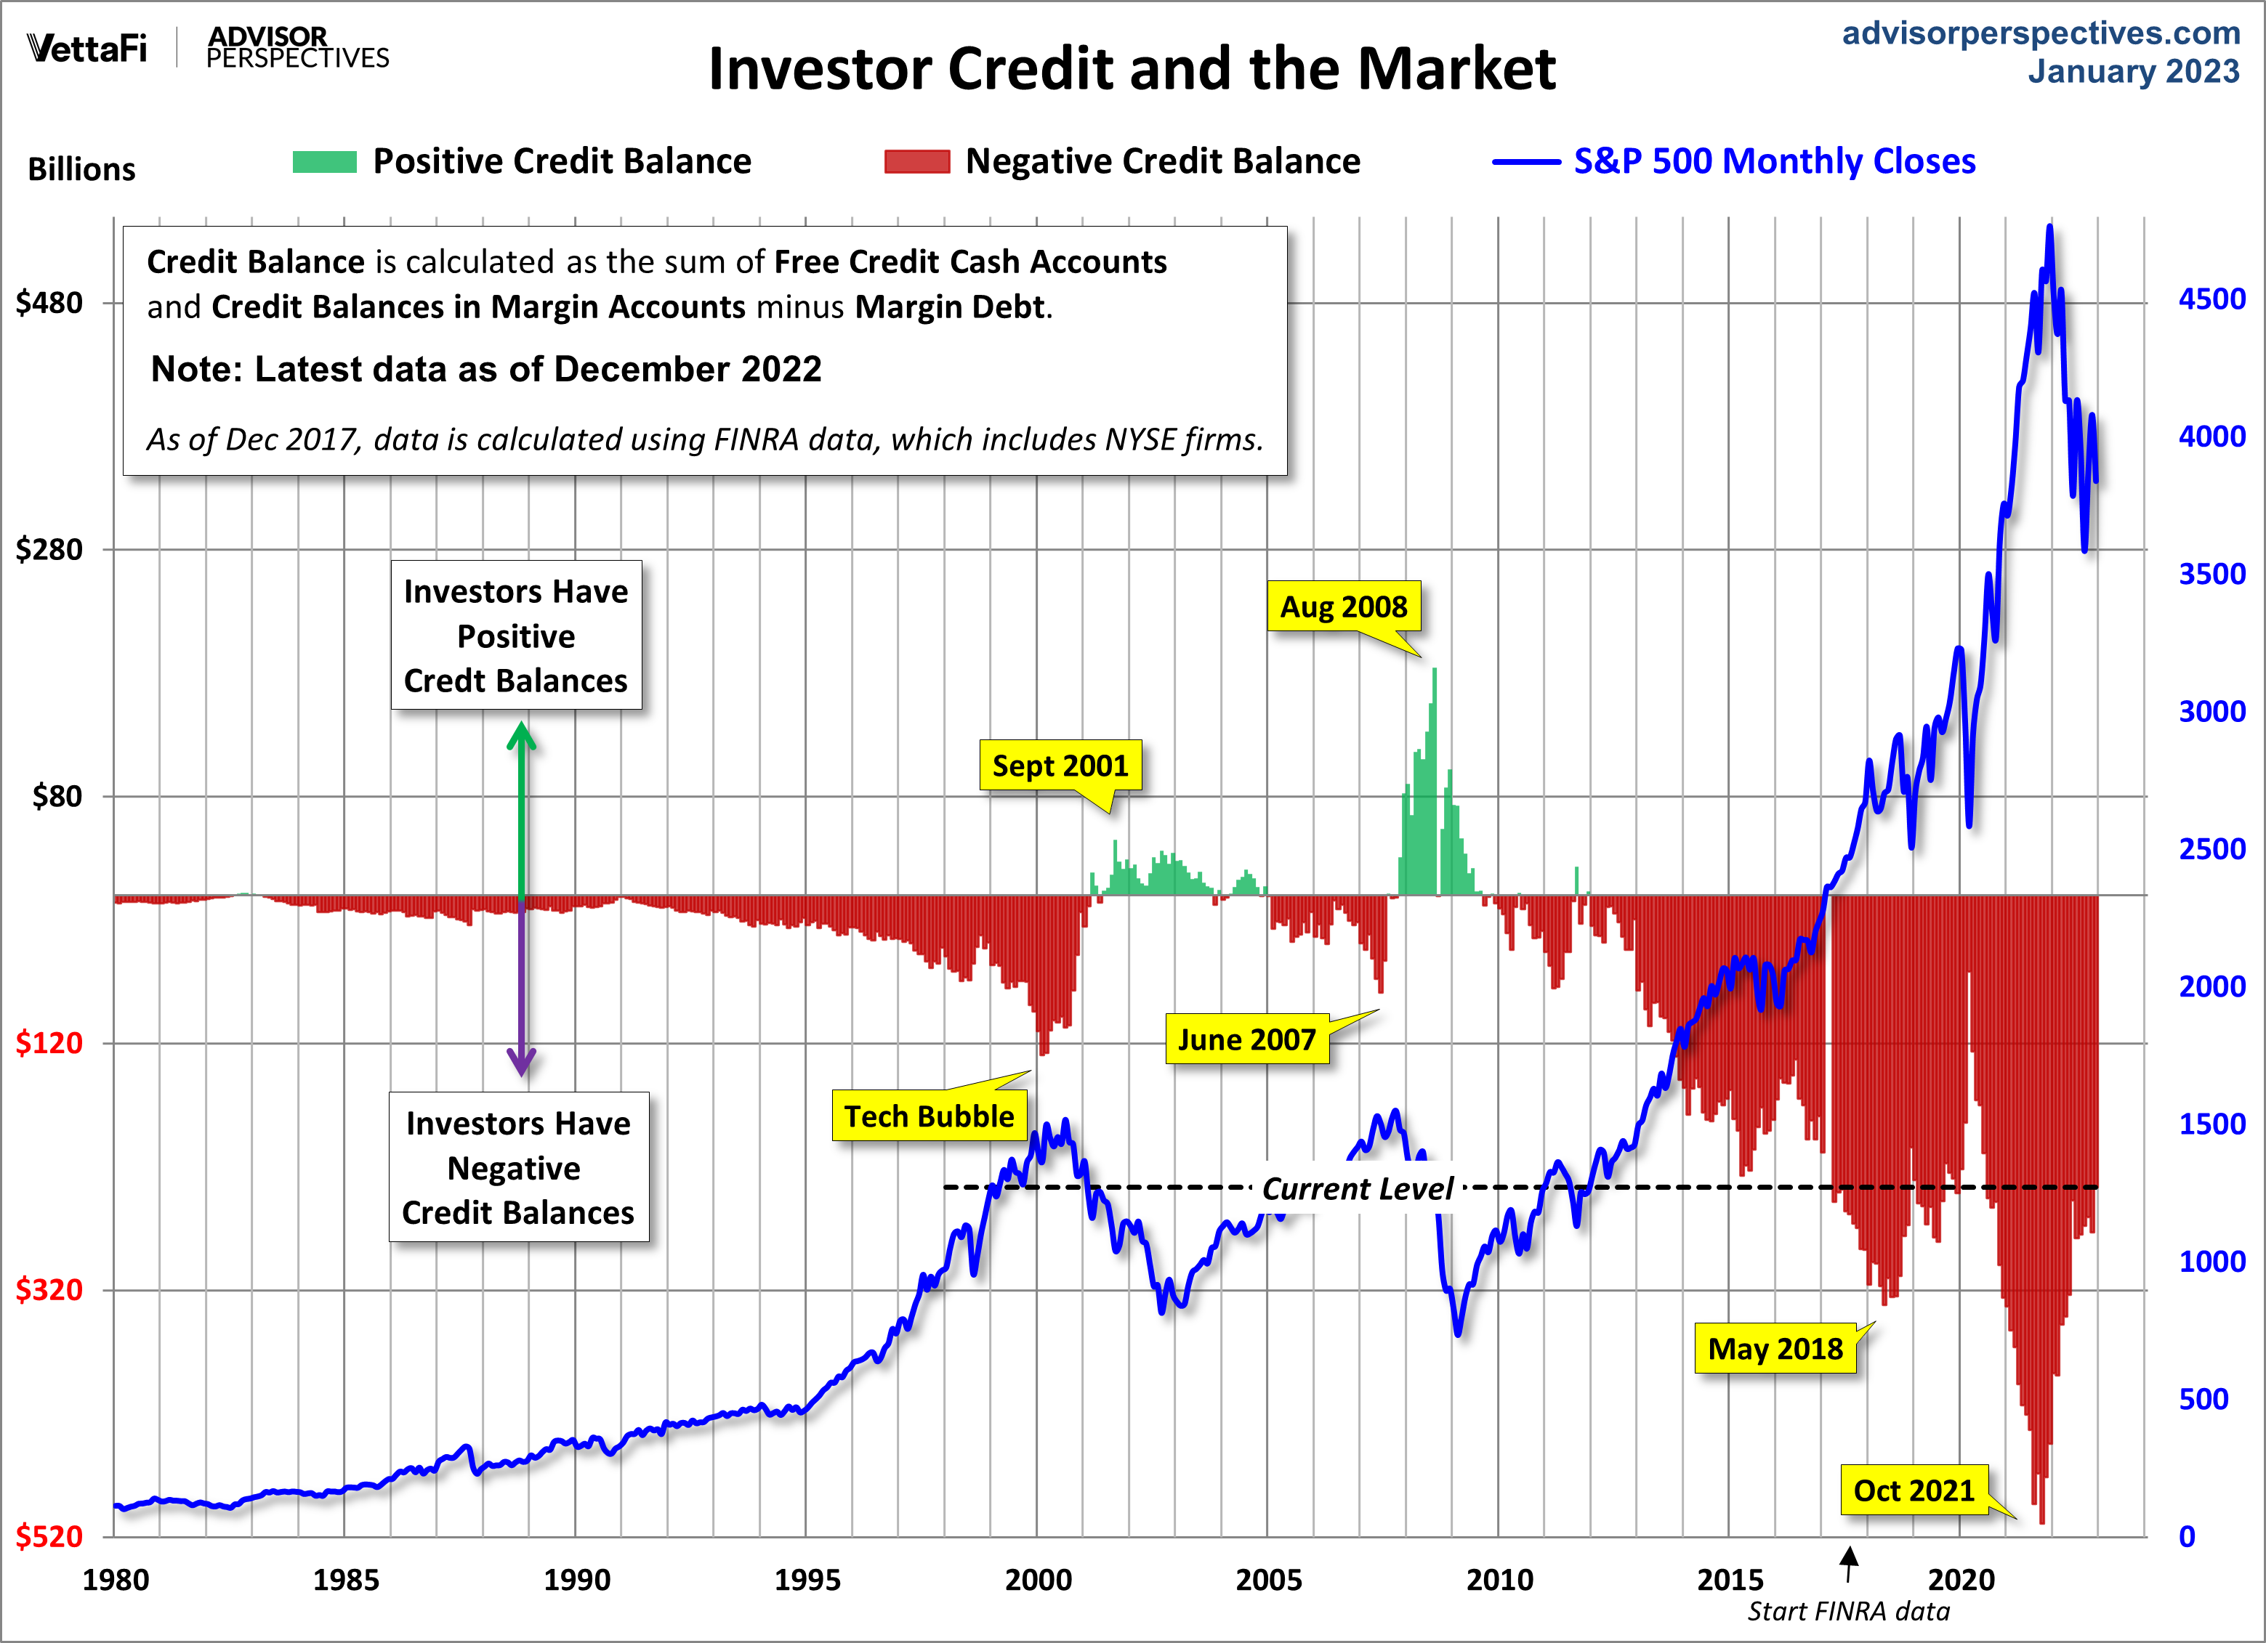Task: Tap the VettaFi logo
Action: [87, 48]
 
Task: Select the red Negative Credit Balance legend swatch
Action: [916, 162]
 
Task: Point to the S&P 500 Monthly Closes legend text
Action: [1775, 162]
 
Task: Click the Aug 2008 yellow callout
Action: [1343, 607]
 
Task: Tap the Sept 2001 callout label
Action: [1060, 766]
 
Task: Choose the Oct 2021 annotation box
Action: [1914, 1490]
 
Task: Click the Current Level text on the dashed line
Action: [1357, 1188]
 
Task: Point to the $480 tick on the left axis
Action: [50, 303]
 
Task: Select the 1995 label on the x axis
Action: [807, 1580]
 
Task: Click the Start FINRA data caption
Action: [1848, 1611]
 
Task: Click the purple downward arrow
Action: [520, 989]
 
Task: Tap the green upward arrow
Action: [520, 809]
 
